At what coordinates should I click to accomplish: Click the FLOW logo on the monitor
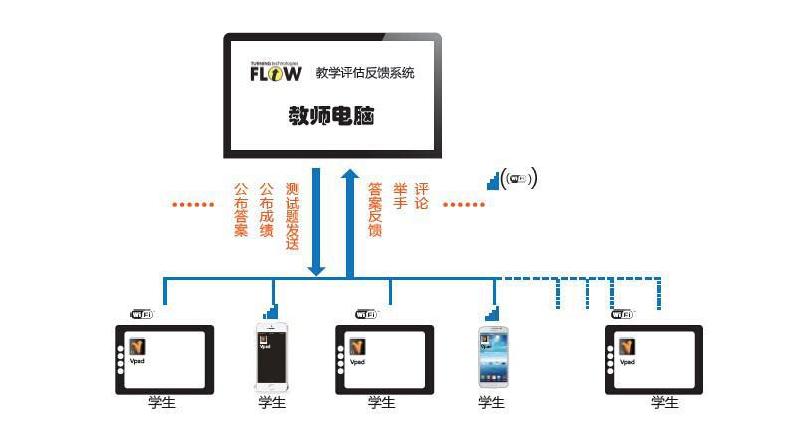(x=276, y=73)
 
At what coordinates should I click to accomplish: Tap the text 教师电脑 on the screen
(x=331, y=117)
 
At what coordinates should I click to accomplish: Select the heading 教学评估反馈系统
(x=365, y=73)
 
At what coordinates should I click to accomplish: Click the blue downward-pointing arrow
(x=316, y=221)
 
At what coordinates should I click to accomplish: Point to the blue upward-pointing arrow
(x=350, y=221)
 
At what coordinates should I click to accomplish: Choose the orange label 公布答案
(x=241, y=209)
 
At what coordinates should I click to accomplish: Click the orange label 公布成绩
(x=267, y=209)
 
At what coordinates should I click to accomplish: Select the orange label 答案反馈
(x=375, y=209)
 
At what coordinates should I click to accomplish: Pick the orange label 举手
(x=400, y=195)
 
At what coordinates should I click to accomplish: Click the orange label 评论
(x=422, y=195)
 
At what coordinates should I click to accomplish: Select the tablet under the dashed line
(x=654, y=359)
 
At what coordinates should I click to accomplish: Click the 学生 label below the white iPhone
(x=272, y=403)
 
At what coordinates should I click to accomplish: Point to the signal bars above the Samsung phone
(x=492, y=313)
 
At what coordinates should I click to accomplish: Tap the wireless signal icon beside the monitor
(x=512, y=179)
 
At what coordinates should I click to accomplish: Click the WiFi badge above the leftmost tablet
(x=143, y=314)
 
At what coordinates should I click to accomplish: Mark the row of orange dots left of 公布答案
(x=193, y=205)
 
